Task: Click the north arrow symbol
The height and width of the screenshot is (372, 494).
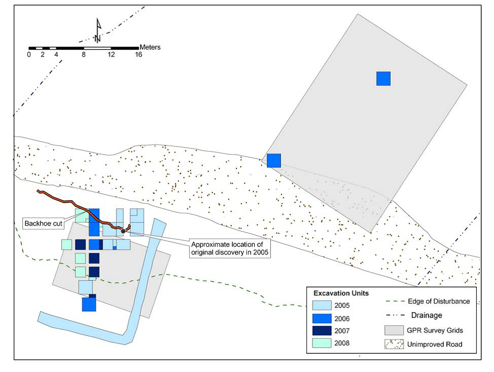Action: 98,30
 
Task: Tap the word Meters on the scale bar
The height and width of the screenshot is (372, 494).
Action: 150,47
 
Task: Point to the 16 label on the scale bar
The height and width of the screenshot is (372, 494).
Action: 138,55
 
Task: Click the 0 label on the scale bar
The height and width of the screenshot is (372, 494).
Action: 29,55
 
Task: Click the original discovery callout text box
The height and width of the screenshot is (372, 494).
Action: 231,249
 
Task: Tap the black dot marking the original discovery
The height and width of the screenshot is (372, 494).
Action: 123,231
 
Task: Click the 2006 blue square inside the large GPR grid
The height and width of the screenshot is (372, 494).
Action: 383,79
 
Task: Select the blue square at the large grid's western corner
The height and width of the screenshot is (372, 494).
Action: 274,160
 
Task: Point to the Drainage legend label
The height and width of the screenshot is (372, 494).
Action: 427,316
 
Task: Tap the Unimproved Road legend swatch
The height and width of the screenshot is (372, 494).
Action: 395,345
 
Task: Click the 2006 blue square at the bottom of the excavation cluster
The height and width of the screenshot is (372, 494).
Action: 89,304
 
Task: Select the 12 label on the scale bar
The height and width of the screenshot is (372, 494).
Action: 111,55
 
